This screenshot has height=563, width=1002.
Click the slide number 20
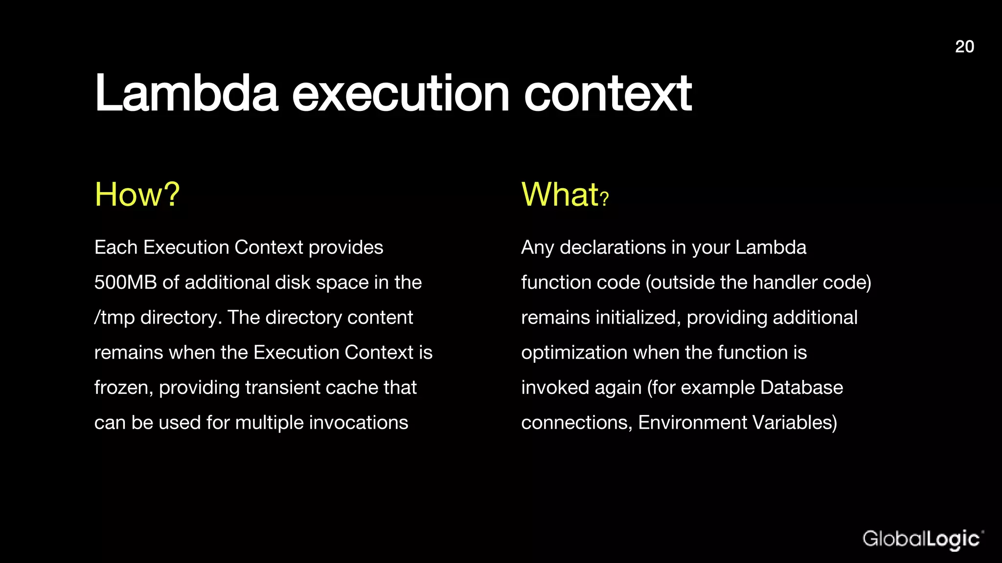pyautogui.click(x=964, y=46)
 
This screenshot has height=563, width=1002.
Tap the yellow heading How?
pyautogui.click(x=137, y=195)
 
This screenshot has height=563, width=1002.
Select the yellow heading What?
pyautogui.click(x=565, y=195)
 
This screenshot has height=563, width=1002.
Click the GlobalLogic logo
pyautogui.click(x=922, y=540)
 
